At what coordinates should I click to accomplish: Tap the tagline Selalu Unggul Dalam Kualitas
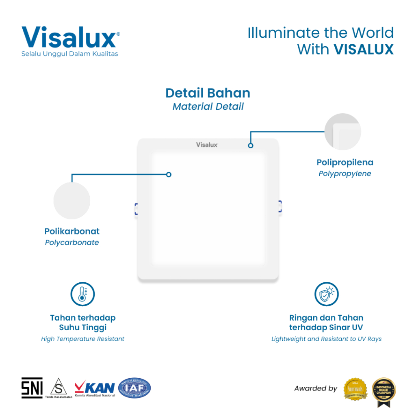click(x=69, y=54)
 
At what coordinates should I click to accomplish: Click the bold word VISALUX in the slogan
click(x=363, y=49)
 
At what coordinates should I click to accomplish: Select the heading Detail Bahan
click(x=208, y=93)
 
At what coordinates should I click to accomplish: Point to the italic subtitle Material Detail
click(x=208, y=106)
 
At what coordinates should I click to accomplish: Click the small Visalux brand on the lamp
click(x=207, y=145)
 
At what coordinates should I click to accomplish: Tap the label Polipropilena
click(x=345, y=162)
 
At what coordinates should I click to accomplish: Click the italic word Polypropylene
click(x=345, y=174)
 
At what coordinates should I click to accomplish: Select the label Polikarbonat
click(x=72, y=232)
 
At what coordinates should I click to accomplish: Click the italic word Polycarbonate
click(x=72, y=243)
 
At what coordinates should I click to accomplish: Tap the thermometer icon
click(x=82, y=294)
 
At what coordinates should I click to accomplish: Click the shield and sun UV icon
click(x=327, y=294)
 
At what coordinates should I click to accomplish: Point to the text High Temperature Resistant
click(x=82, y=339)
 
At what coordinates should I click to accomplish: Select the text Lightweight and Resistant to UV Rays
click(x=327, y=339)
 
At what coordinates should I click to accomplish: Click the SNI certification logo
click(x=32, y=388)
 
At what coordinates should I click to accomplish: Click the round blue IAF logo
click(x=134, y=388)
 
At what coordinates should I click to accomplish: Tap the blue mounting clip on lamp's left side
click(x=136, y=209)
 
